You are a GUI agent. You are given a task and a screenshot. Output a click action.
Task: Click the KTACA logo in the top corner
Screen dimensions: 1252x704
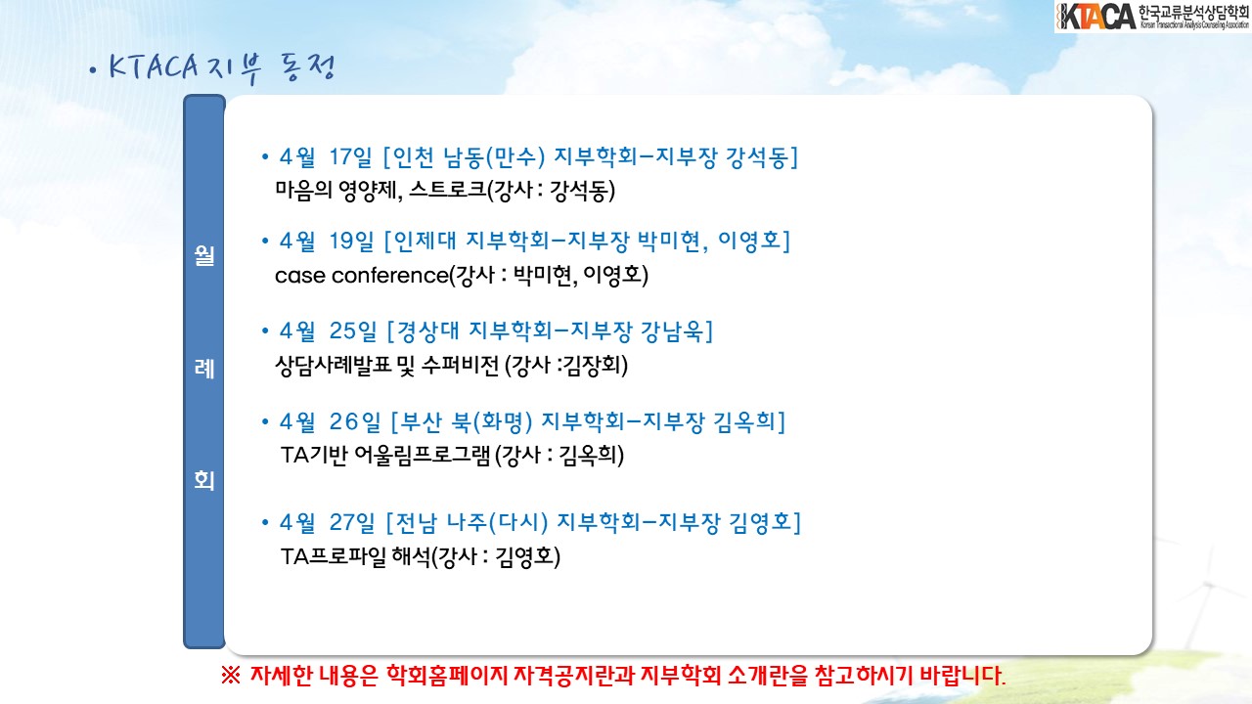(1152, 17)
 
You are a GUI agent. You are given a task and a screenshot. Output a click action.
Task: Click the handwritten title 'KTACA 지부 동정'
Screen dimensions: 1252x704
(222, 68)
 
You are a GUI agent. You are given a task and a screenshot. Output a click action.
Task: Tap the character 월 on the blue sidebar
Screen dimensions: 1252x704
(204, 256)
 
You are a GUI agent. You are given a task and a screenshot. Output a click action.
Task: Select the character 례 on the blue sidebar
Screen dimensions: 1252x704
(204, 369)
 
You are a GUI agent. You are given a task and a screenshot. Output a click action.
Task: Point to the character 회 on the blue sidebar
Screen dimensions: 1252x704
(204, 480)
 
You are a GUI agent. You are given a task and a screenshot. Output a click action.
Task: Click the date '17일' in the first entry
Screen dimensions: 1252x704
(350, 157)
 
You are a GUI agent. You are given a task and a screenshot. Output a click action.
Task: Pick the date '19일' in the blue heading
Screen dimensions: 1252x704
(351, 241)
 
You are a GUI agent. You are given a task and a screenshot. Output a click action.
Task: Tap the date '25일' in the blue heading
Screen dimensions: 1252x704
(353, 330)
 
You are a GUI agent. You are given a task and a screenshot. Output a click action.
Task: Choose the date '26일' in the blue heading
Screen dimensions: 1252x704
(354, 421)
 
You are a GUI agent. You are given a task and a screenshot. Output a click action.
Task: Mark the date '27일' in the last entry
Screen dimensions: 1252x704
(351, 522)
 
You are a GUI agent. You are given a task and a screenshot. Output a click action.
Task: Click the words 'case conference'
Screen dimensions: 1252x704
(362, 276)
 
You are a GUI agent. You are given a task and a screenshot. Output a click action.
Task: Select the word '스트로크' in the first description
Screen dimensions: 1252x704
(448, 190)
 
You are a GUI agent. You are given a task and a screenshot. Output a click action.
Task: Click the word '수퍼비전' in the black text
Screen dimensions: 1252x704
(460, 366)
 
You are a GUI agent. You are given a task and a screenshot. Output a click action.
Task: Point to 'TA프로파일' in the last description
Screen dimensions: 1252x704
(334, 556)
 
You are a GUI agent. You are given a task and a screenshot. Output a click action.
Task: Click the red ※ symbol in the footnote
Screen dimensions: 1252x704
(230, 676)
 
